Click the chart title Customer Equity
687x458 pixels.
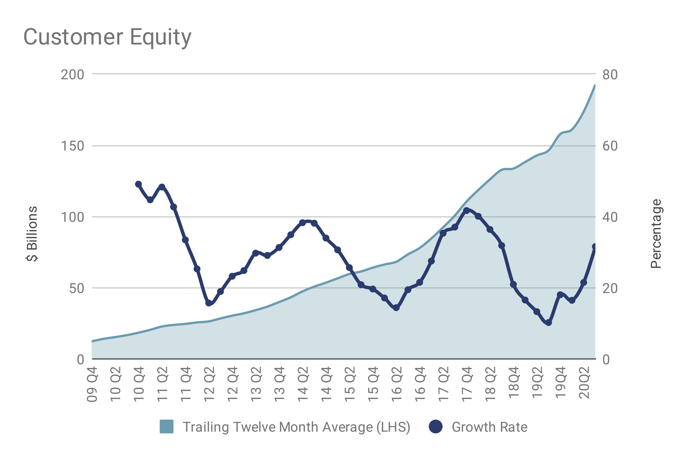[107, 37]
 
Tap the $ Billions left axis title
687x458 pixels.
[32, 233]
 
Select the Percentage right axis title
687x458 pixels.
[656, 233]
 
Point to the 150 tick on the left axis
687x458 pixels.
[72, 146]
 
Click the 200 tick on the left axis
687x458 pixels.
[72, 75]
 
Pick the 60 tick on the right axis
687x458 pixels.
[610, 146]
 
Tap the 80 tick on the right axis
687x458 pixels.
[610, 75]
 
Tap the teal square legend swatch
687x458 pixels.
[167, 426]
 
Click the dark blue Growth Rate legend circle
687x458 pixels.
[435, 426]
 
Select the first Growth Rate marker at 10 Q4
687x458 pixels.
[138, 184]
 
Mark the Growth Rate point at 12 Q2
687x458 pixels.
[209, 303]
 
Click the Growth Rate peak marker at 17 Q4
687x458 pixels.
[466, 210]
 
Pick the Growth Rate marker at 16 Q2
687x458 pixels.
[396, 308]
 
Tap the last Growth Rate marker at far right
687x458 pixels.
[595, 247]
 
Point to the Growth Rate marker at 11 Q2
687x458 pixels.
[162, 187]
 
